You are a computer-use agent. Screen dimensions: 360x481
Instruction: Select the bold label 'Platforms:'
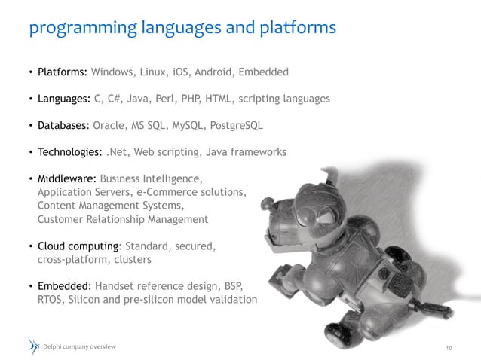[x=63, y=73]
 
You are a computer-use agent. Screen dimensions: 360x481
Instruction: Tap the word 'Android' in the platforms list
[x=214, y=73]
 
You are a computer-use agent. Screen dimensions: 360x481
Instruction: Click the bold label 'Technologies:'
[x=70, y=152]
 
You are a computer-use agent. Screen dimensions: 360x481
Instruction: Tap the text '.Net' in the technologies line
[x=117, y=152]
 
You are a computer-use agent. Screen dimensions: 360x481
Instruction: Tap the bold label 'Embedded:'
[x=65, y=286]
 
